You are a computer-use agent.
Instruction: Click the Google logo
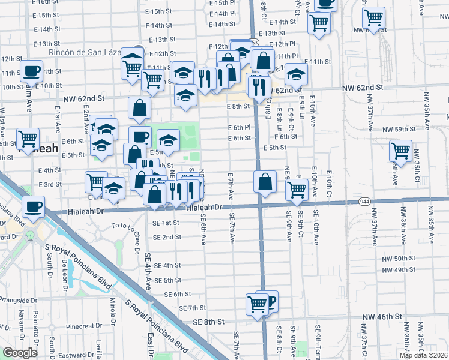click(x=20, y=353)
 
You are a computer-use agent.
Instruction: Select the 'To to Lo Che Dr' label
click(x=129, y=227)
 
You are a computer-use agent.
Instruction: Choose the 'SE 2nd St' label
click(x=167, y=237)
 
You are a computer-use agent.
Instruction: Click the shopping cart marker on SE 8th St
click(x=257, y=305)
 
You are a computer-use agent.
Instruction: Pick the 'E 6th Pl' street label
click(x=238, y=128)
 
